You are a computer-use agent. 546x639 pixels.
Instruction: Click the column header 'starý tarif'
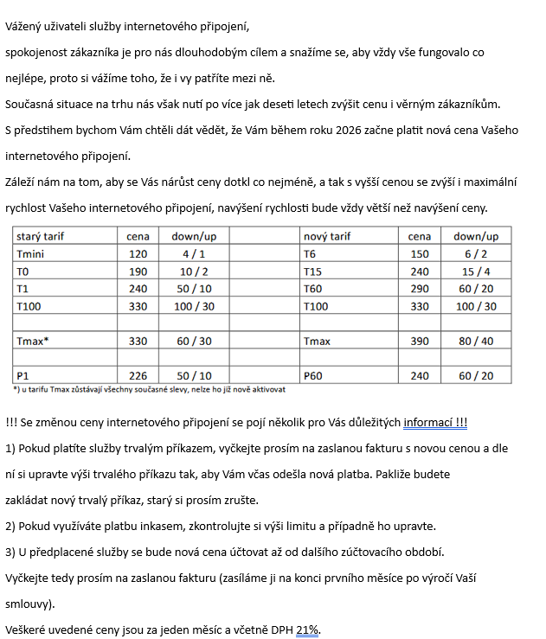40,236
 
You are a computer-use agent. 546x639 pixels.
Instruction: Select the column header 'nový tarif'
327,236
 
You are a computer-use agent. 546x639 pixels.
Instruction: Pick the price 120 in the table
138,254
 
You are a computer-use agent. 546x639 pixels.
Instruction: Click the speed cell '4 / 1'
194,254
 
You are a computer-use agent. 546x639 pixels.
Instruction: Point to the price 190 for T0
138,272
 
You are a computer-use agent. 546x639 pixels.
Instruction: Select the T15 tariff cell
313,272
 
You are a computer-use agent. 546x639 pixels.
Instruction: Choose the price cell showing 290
420,289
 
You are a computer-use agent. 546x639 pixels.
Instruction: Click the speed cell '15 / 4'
476,272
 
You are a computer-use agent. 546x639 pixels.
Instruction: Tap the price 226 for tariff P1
138,376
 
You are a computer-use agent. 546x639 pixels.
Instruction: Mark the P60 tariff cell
314,376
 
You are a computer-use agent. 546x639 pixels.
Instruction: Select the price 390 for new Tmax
420,342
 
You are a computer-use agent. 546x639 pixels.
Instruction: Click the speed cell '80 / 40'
476,342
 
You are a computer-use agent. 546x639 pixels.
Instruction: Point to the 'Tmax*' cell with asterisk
33,342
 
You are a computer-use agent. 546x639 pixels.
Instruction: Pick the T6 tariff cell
311,254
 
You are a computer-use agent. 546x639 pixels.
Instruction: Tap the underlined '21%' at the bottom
307,629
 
